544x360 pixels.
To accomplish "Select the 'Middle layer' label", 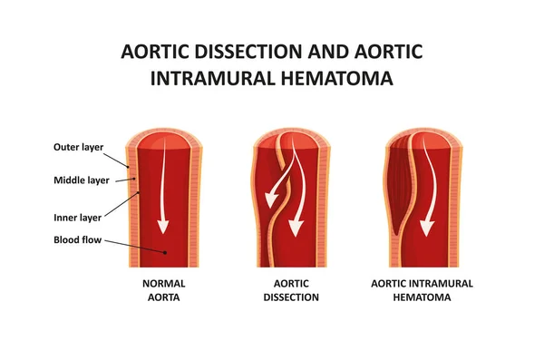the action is (x=82, y=180).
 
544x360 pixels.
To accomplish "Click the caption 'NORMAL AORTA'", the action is (x=164, y=289).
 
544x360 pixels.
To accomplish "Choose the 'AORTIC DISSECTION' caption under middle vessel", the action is (x=291, y=289).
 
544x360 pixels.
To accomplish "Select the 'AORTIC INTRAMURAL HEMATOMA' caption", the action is (x=422, y=289).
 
